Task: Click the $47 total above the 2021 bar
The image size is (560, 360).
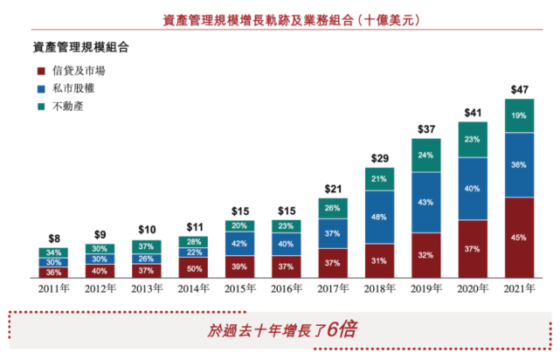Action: click(519, 90)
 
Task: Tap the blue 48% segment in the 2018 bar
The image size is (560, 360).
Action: click(379, 217)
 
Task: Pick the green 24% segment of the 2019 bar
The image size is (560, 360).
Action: click(426, 155)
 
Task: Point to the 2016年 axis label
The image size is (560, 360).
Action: click(285, 289)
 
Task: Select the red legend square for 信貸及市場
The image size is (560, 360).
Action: click(40, 71)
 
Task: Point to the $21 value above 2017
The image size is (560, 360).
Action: click(333, 190)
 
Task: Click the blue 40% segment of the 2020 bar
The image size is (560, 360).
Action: click(473, 188)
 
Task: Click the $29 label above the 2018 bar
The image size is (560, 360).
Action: click(379, 159)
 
